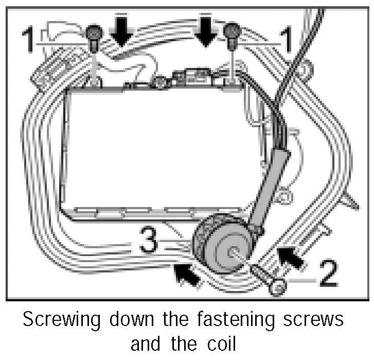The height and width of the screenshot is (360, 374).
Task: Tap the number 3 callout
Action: point(148,242)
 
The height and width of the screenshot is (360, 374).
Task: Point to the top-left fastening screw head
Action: point(94,34)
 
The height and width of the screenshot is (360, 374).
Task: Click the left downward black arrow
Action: point(122,32)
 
